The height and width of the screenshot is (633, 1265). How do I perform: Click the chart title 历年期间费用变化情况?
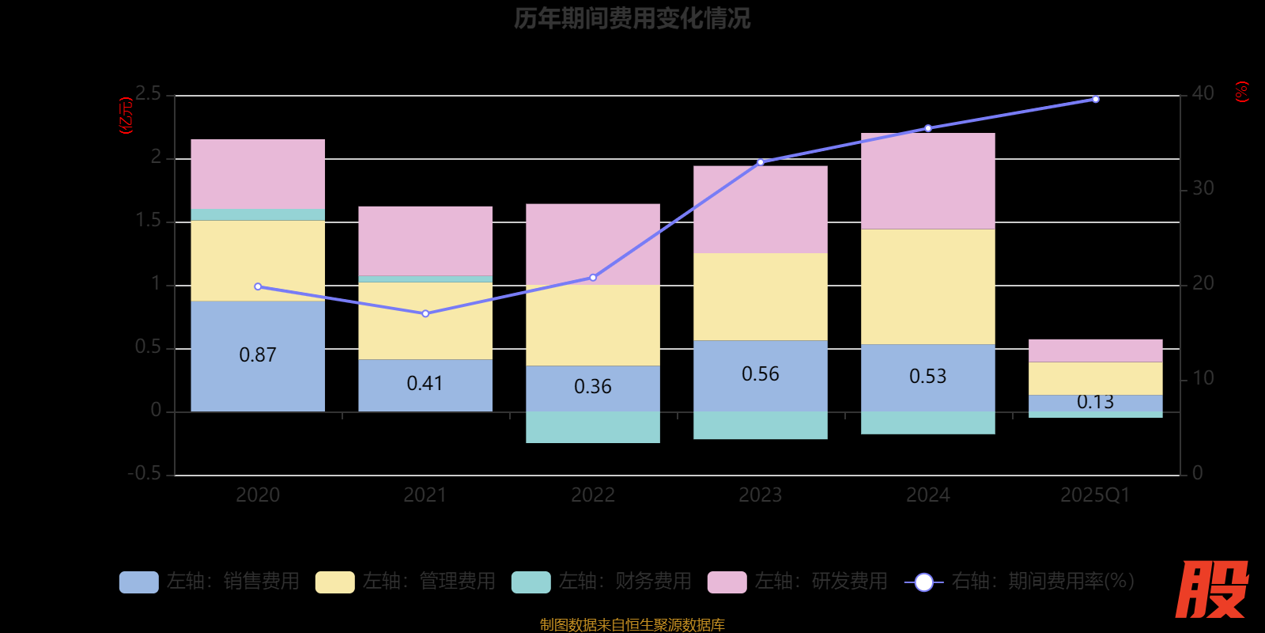pyautogui.click(x=632, y=18)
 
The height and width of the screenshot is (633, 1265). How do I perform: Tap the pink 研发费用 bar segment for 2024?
pyautogui.click(x=927, y=180)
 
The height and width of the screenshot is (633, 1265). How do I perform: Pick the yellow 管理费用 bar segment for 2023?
pyautogui.click(x=760, y=297)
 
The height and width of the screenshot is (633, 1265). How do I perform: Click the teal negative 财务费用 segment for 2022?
pyautogui.click(x=592, y=427)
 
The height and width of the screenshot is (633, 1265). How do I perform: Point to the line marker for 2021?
pyautogui.click(x=425, y=313)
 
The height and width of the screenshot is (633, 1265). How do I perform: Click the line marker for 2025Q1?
pyautogui.click(x=1095, y=99)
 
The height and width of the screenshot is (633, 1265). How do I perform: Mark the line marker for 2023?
pyautogui.click(x=761, y=162)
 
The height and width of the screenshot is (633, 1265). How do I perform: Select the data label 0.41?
pyautogui.click(x=425, y=384)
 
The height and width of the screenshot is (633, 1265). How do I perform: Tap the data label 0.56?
pyautogui.click(x=760, y=374)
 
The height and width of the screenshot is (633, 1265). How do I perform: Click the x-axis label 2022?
pyautogui.click(x=592, y=495)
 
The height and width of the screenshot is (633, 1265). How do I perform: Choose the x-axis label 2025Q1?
pyautogui.click(x=1095, y=495)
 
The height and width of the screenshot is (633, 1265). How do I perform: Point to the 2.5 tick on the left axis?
pyautogui.click(x=148, y=94)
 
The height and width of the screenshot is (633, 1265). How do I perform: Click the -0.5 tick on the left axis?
pyautogui.click(x=145, y=473)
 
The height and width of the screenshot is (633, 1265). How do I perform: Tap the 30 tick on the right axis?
pyautogui.click(x=1203, y=188)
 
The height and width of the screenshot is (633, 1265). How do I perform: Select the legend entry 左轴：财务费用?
pyautogui.click(x=602, y=582)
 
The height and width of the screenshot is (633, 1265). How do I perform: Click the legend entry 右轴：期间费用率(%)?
pyautogui.click(x=1020, y=582)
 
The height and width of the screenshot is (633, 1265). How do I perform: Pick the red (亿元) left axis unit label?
pyautogui.click(x=126, y=116)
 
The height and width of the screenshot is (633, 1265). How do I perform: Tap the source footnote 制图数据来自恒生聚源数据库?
pyautogui.click(x=632, y=625)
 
